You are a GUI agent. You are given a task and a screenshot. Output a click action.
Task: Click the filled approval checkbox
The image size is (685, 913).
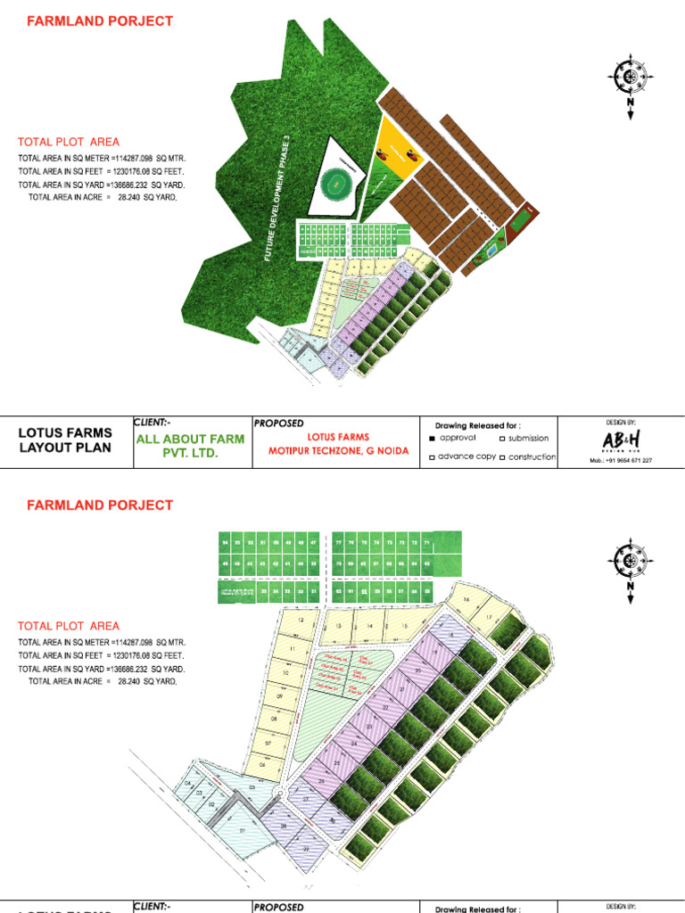coord(433,439)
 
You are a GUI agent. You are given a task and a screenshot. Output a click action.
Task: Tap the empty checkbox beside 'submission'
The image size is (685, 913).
coord(503,439)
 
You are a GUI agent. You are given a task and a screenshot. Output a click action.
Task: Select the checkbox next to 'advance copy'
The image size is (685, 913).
coord(433,457)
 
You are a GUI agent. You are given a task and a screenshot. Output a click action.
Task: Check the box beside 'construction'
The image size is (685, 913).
coord(503,457)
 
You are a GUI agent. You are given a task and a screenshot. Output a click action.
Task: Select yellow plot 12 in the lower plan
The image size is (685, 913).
coord(301,621)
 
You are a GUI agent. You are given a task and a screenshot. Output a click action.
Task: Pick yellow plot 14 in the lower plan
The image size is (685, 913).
coord(368,627)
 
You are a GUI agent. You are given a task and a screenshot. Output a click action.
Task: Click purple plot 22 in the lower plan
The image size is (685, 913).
coord(385,707)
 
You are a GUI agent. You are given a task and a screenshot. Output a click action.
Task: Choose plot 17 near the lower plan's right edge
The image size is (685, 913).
coord(489,618)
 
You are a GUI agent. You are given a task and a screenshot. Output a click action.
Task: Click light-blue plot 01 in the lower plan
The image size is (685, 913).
coord(243,835)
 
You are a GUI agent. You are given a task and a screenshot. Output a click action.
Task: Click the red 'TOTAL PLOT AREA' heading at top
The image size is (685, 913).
coord(69,142)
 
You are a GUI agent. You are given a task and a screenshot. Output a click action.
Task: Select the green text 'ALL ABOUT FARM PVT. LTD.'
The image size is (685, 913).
coord(190,446)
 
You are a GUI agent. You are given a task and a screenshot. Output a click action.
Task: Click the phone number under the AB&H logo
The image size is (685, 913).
coord(621,461)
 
